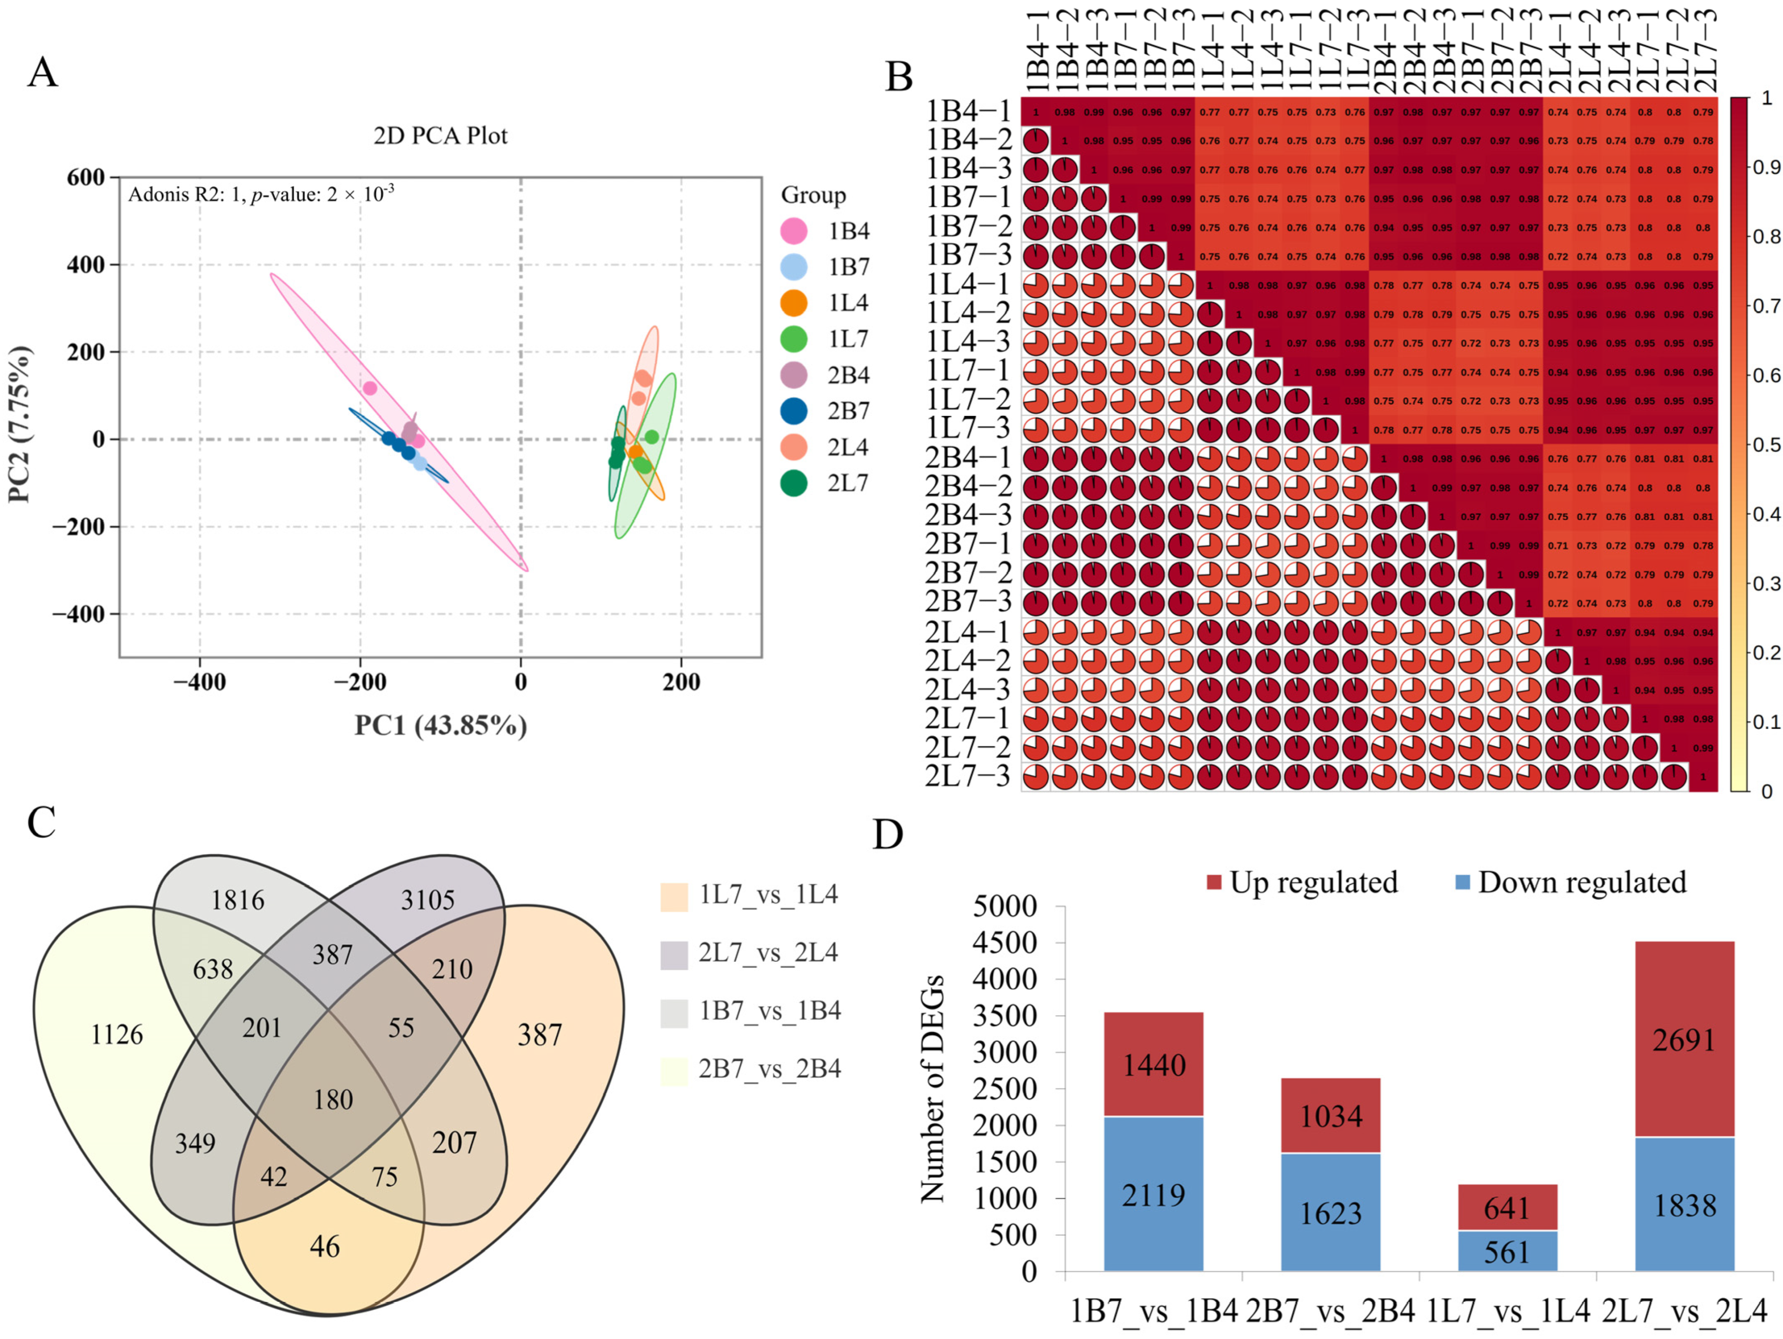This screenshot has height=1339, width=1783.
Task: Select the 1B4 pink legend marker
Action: (794, 232)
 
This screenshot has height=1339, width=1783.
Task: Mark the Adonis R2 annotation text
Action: (261, 194)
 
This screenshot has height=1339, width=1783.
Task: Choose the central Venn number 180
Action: (333, 1100)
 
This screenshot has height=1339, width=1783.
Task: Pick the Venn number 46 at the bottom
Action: (325, 1247)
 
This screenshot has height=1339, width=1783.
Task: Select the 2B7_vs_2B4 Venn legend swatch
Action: (674, 1069)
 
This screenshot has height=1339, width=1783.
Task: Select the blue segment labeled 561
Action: (1507, 1252)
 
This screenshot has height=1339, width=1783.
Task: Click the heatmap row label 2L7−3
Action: (967, 776)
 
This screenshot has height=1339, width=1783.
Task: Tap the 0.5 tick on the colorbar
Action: (1765, 445)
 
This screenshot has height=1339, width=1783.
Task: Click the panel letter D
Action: (888, 836)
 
